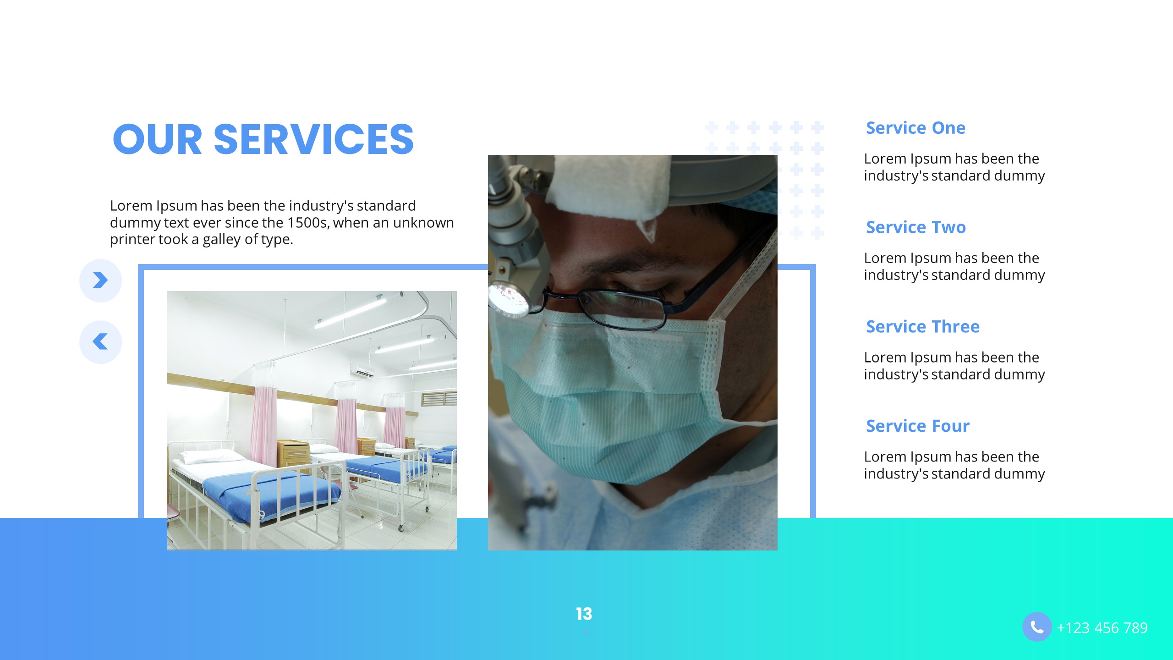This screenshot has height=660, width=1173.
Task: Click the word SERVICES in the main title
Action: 314,139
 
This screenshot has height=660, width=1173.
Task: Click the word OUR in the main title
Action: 157,139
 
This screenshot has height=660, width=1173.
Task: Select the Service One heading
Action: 915,128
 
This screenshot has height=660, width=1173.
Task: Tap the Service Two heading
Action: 916,227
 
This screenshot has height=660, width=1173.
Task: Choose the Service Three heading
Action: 923,327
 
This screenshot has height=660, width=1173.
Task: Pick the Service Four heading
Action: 918,426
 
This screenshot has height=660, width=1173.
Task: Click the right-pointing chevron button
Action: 100,280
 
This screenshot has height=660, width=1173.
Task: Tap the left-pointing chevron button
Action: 100,341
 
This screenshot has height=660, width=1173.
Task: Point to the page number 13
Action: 584,614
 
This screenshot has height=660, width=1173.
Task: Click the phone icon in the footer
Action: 1036,627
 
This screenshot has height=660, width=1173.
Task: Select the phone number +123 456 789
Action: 1102,628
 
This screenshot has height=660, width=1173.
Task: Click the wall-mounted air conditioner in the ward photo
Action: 362,370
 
